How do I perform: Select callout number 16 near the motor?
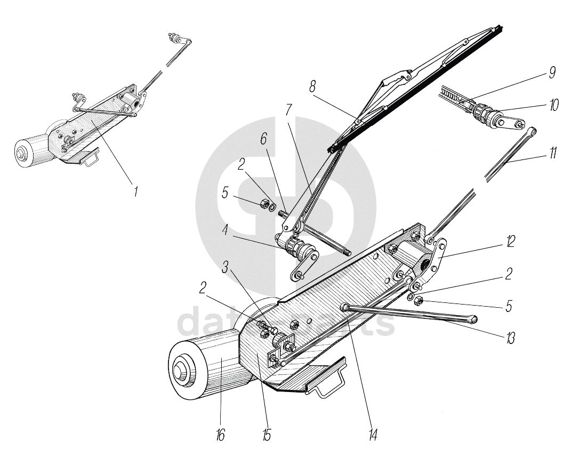click(220, 435)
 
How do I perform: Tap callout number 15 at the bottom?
click(267, 435)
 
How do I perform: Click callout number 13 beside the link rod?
click(511, 338)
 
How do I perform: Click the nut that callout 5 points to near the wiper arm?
click(263, 204)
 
